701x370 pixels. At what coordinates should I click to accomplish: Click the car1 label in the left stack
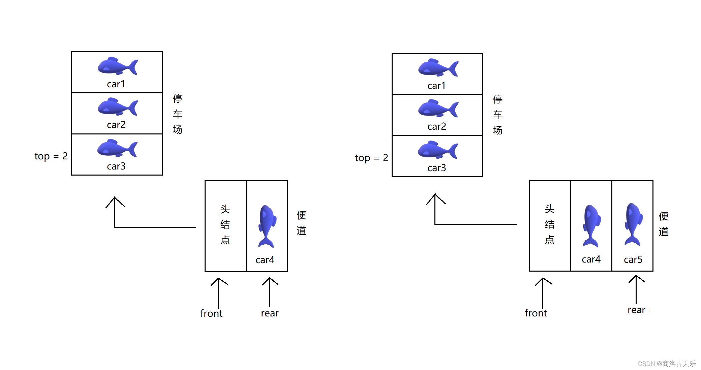tap(116, 84)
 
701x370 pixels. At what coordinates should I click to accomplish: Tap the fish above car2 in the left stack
tap(117, 107)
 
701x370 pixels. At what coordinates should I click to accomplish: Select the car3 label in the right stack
tap(436, 168)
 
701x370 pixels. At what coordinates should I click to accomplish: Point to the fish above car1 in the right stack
tap(438, 68)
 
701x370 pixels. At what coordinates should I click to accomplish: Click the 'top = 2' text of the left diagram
tap(51, 156)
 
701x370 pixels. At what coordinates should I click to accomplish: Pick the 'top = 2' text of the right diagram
tap(371, 158)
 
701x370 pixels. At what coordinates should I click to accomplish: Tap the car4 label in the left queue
tap(265, 260)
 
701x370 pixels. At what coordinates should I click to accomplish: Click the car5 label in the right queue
tap(633, 259)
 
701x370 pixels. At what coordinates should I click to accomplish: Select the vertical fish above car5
tap(633, 224)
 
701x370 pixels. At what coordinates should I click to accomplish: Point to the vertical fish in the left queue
tap(267, 226)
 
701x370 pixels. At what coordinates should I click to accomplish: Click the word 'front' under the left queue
tap(211, 313)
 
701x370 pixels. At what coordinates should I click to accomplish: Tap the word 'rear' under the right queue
tap(636, 310)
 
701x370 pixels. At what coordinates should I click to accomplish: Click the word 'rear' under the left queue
tap(270, 313)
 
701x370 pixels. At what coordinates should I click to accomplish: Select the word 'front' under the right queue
tap(536, 313)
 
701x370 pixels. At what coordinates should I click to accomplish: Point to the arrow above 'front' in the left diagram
tap(218, 292)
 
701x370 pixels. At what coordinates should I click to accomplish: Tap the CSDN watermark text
tap(666, 364)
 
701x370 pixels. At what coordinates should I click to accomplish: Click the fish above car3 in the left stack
tap(117, 149)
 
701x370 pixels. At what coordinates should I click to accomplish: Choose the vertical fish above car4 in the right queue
tap(591, 226)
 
